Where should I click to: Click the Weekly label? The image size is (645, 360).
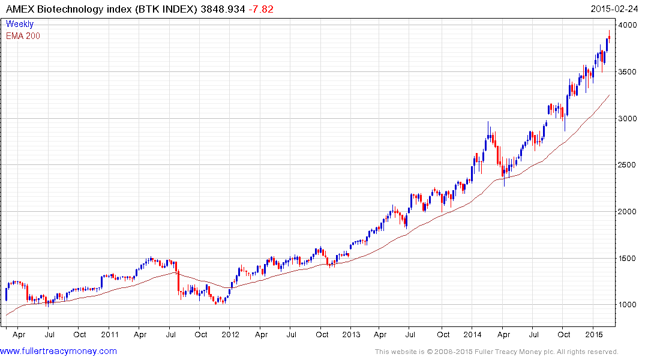20,24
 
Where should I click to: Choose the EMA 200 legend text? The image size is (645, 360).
23,36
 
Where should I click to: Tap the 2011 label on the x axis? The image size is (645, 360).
110,335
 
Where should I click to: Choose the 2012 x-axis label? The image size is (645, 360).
230,335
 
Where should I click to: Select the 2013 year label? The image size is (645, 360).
351,335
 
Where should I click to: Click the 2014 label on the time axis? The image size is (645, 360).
473,335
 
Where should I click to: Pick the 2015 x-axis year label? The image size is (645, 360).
594,335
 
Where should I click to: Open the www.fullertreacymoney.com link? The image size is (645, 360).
59,351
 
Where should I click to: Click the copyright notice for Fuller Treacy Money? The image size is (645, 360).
496,352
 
